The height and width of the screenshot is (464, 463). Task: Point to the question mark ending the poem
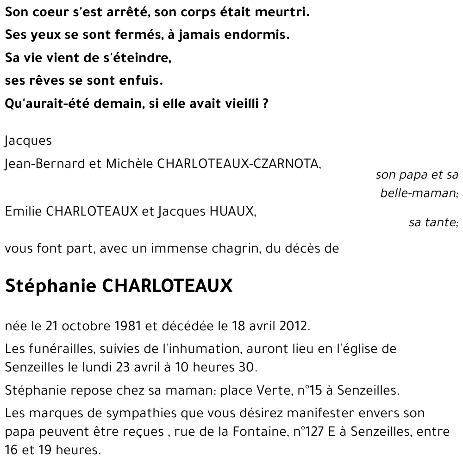pos(265,104)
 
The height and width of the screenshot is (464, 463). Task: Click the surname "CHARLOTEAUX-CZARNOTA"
pos(239,164)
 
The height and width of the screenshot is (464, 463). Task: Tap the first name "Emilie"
pos(24,211)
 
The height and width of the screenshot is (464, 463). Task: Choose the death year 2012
pos(294,326)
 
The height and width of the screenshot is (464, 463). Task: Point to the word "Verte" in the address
pos(273,391)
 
